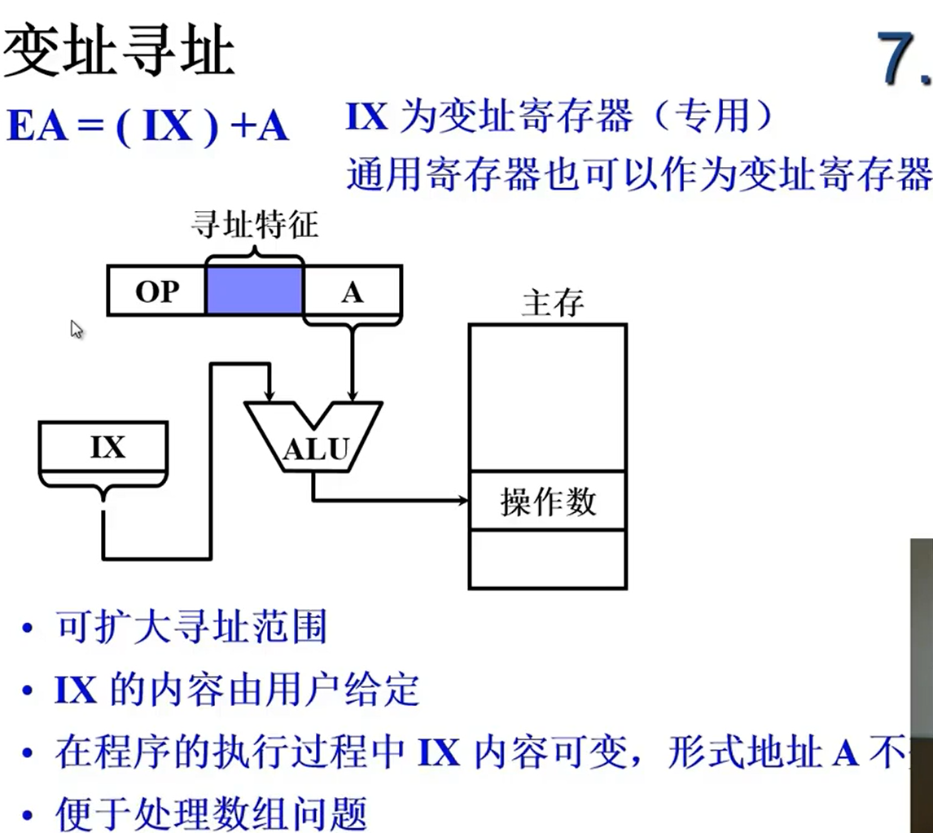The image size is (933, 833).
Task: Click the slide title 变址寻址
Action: tap(119, 50)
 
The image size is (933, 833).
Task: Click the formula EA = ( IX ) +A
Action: tap(147, 128)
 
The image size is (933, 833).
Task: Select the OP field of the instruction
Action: tap(156, 291)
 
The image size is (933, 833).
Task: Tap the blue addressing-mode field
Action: tap(254, 291)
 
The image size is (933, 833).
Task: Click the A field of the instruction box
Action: tap(352, 291)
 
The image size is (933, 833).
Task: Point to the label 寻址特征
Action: tap(254, 225)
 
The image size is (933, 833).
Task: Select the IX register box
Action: tap(104, 447)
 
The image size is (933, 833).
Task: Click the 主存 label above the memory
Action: tap(553, 304)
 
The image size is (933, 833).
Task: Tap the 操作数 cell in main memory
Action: tap(547, 502)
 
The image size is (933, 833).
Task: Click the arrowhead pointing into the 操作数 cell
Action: tap(464, 500)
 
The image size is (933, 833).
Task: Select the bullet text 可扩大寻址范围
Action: tap(191, 628)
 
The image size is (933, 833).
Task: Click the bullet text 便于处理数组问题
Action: tap(211, 813)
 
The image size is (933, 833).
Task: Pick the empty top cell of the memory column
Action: tap(547, 397)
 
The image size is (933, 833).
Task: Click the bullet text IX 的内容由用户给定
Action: tap(236, 691)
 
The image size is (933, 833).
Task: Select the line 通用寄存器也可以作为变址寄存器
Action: tap(638, 173)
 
